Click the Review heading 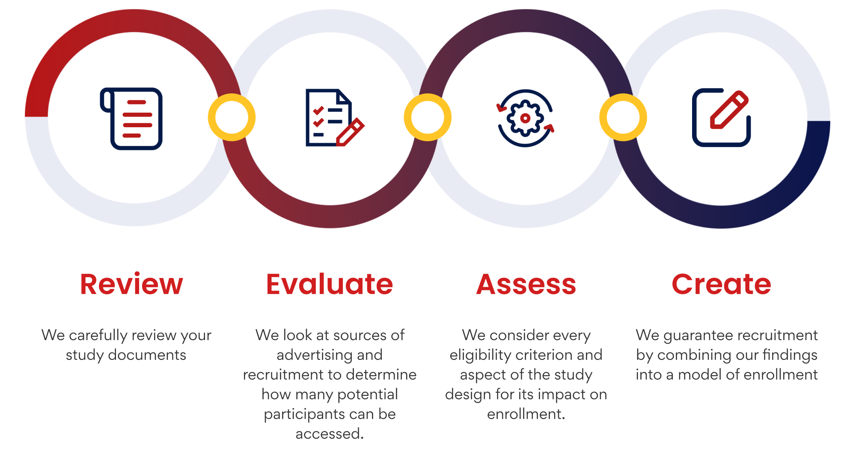(131, 284)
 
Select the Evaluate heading (330, 284)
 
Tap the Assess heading (526, 284)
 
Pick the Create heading (722, 284)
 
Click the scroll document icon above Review (131, 119)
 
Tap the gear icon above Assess (525, 118)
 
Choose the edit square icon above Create (721, 118)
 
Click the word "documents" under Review (147, 355)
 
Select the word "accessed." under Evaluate (330, 434)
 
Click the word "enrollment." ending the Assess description (526, 414)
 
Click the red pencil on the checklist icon (350, 132)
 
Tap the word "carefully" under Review (98, 335)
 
